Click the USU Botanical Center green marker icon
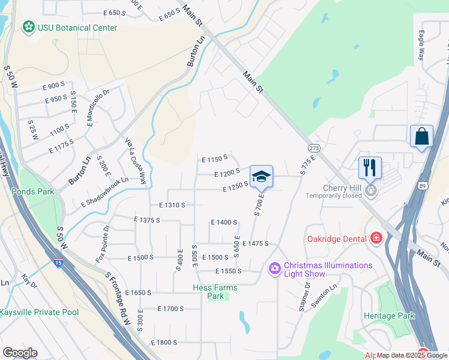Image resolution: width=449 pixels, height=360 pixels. coord(28,26)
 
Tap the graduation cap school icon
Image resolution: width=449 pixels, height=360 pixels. coord(261,176)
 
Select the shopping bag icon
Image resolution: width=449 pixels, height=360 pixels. coord(421,136)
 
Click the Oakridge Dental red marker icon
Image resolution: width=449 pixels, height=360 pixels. coord(376,238)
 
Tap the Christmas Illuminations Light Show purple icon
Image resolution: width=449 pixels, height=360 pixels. coord(275,268)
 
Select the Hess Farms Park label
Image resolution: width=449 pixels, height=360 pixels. coord(215,292)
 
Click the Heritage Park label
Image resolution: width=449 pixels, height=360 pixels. coord(389,316)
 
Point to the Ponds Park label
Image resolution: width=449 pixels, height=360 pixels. coord(32,192)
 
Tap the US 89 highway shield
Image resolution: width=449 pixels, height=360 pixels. coord(423,188)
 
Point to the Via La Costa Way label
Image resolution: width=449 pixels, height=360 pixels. coord(136,160)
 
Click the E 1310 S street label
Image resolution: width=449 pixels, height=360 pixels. coord(172,205)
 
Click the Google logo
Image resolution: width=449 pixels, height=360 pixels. coord(20,353)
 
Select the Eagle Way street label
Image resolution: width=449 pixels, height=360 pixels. coord(421,46)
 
